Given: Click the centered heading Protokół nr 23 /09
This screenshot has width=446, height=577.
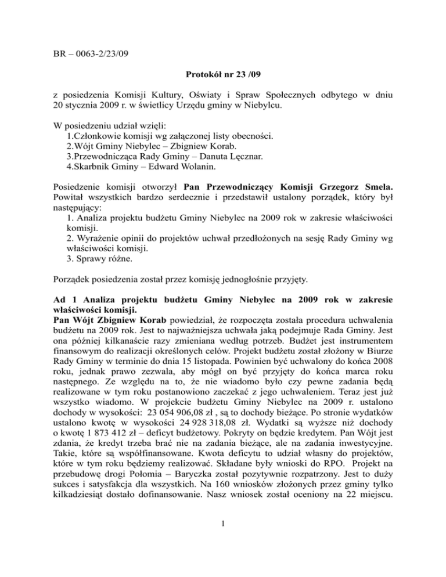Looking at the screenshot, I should (223, 75).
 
